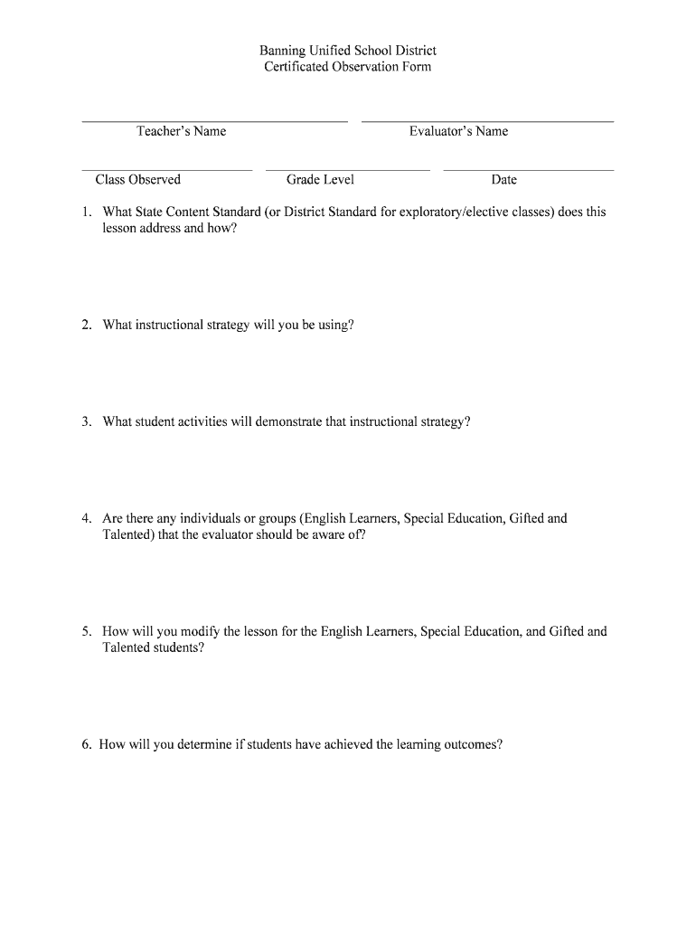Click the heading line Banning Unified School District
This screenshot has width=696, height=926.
[348, 51]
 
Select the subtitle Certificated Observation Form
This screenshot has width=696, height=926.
[348, 67]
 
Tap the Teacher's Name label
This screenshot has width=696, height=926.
[181, 131]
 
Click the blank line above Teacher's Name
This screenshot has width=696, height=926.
[214, 120]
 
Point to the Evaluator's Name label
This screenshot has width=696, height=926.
[458, 131]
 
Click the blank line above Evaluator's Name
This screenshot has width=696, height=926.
[487, 120]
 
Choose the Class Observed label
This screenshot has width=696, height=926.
[137, 180]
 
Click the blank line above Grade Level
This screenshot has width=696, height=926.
[348, 169]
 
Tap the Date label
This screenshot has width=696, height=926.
[503, 180]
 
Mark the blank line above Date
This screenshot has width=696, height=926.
[529, 169]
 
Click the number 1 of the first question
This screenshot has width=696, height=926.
[84, 213]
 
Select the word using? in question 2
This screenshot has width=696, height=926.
[334, 325]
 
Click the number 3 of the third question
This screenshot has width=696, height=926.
[84, 422]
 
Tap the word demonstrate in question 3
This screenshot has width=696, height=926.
[288, 422]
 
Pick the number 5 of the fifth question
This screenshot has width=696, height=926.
[84, 632]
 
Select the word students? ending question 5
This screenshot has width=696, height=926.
[180, 648]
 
